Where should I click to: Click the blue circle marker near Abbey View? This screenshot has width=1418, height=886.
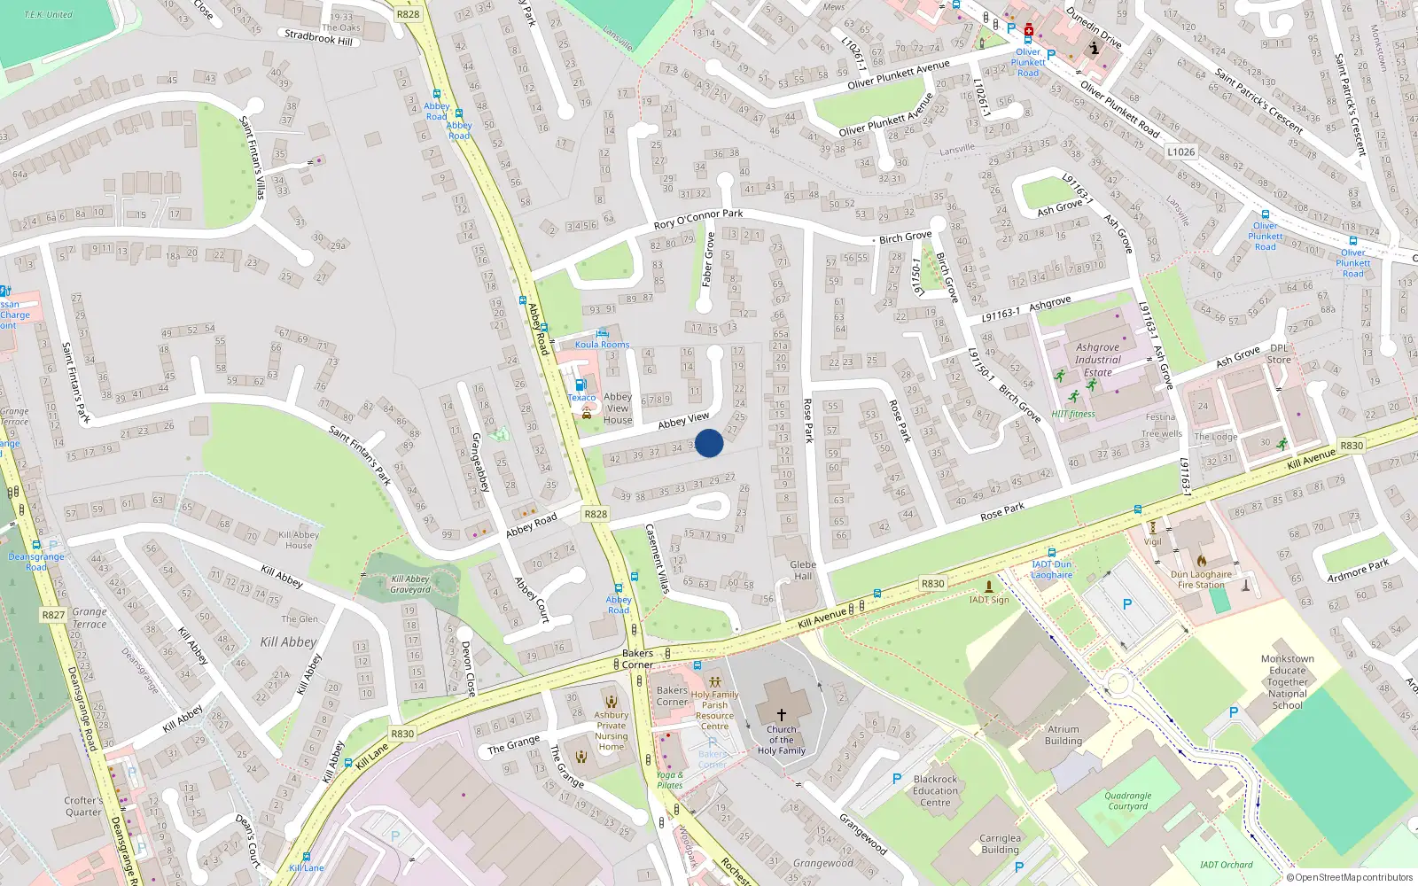(x=709, y=443)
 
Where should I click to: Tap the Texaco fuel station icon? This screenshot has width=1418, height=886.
(x=580, y=385)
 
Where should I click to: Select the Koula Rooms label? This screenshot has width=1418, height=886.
(x=603, y=345)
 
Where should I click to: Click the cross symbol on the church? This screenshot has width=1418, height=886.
(x=781, y=714)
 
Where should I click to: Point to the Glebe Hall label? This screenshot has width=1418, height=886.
(x=803, y=570)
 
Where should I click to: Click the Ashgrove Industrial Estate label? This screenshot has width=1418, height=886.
(x=1098, y=360)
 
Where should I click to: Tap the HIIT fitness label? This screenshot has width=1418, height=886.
(x=1073, y=414)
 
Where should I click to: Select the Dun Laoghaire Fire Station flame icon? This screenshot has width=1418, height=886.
(x=1202, y=560)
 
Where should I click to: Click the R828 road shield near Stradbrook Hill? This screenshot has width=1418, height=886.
(x=409, y=14)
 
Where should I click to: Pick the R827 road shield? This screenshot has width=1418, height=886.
(x=53, y=615)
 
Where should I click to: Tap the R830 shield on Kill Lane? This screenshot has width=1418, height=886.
(x=402, y=734)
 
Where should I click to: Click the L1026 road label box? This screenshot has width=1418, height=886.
(x=1180, y=152)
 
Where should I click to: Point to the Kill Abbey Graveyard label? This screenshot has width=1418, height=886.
(x=410, y=584)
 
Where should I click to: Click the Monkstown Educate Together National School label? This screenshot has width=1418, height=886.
(x=1288, y=682)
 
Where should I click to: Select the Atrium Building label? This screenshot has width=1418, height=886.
(x=1063, y=735)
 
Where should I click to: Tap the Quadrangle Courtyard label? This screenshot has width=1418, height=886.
(x=1128, y=801)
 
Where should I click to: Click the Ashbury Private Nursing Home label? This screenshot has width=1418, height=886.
(x=611, y=731)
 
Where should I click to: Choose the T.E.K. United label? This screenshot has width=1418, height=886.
(x=48, y=14)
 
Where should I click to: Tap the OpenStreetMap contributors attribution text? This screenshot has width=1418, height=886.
(x=1354, y=877)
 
